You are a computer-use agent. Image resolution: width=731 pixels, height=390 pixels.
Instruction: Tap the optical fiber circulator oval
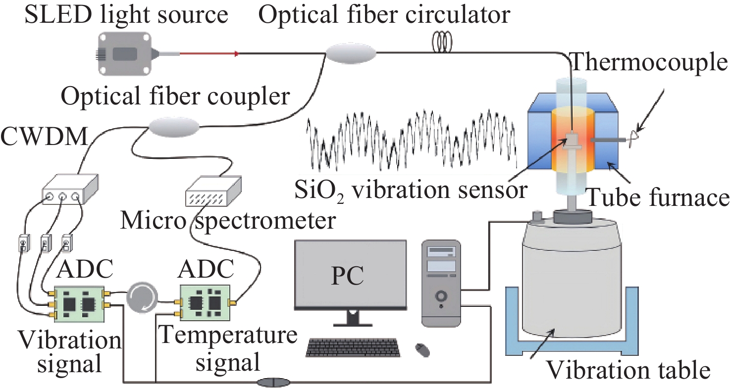[351, 52]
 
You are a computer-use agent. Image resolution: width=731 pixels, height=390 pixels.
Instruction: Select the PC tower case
[442, 282]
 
